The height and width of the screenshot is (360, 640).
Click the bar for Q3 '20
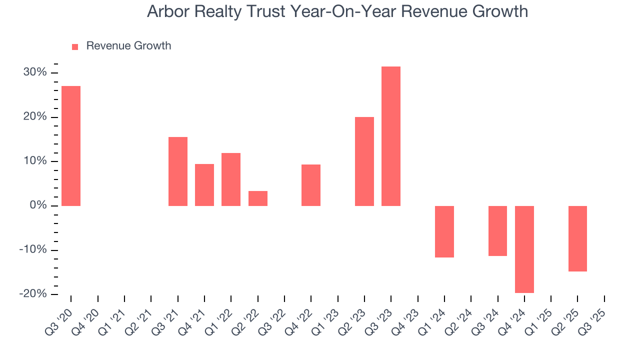[x=71, y=146]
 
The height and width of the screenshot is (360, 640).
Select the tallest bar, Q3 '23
[x=391, y=136]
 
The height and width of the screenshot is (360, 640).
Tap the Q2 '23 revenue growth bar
[x=364, y=161]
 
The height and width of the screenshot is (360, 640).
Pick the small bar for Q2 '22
[x=258, y=198]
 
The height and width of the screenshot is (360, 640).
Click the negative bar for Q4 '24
[x=524, y=249]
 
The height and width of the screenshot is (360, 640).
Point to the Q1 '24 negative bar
[x=444, y=231]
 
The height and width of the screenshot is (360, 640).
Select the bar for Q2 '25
[x=577, y=238]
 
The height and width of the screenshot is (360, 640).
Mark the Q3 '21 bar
[x=178, y=171]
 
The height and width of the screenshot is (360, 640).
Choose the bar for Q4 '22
[x=311, y=185]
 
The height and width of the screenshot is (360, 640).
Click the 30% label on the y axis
[x=35, y=72]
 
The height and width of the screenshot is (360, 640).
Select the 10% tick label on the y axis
[x=35, y=161]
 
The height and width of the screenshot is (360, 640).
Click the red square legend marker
[x=75, y=46]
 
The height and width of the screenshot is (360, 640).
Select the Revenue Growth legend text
[x=128, y=46]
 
